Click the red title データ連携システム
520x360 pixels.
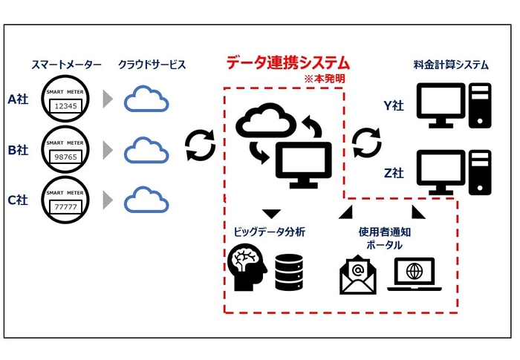click(x=287, y=63)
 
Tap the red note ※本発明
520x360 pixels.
click(x=325, y=78)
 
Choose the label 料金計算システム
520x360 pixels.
click(x=451, y=65)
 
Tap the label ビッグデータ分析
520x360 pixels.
click(x=269, y=232)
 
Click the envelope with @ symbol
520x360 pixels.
click(x=360, y=275)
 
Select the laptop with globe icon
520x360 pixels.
click(x=413, y=275)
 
